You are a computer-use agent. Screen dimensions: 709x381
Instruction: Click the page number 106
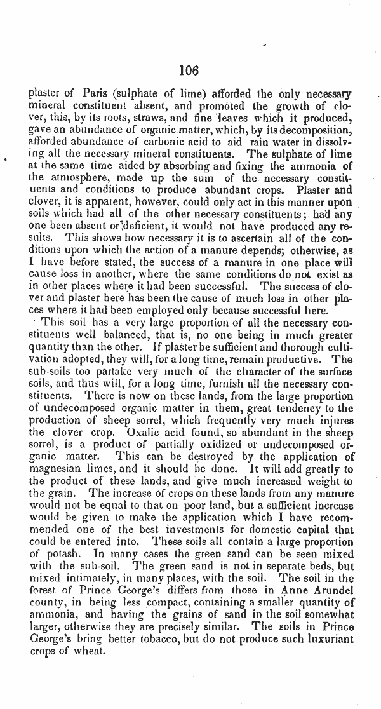[189, 70]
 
